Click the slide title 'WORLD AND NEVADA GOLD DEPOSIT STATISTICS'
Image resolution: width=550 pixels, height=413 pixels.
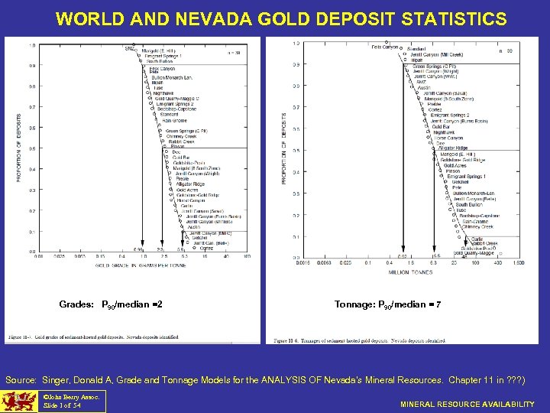280,18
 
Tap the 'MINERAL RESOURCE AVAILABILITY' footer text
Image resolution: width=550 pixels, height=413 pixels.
468,404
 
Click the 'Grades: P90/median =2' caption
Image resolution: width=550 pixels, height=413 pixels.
110,304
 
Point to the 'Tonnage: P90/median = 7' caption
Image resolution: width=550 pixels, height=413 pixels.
387,304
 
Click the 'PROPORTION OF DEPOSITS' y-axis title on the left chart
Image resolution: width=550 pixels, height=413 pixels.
19,148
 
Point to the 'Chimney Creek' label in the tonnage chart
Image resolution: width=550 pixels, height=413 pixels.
477,226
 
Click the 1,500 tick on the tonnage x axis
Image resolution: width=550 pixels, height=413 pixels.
519,263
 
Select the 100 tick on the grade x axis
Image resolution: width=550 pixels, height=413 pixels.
247,256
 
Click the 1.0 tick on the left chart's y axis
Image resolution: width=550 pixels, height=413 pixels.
31,45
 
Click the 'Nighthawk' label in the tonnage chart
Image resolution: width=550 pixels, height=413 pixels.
444,132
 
